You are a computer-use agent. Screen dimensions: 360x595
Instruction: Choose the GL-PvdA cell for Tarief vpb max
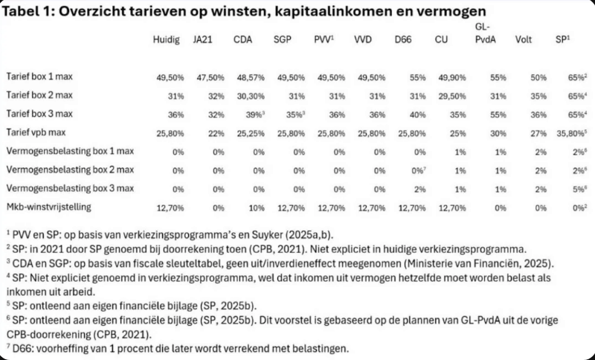[487, 130]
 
